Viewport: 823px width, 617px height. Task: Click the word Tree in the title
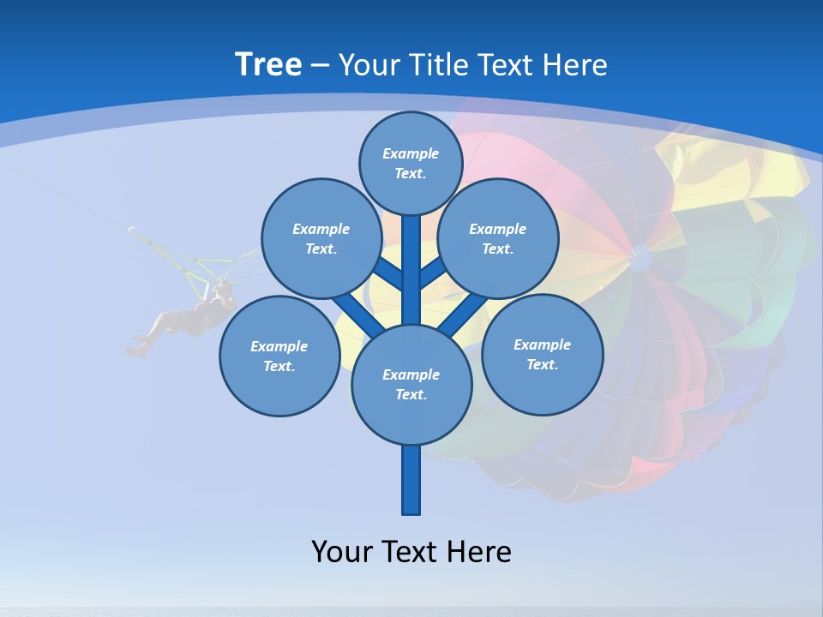click(268, 64)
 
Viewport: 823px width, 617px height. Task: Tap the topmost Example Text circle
click(411, 163)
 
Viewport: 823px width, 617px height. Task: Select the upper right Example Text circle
click(498, 239)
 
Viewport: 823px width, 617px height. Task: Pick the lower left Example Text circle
click(279, 356)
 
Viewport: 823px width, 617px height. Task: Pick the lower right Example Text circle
click(542, 354)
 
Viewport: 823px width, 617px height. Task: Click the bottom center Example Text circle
click(411, 385)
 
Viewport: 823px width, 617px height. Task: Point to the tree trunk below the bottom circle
click(411, 480)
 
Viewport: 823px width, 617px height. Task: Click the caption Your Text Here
click(411, 551)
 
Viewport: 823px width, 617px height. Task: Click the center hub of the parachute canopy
click(640, 253)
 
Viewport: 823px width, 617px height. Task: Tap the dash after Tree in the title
click(320, 65)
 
